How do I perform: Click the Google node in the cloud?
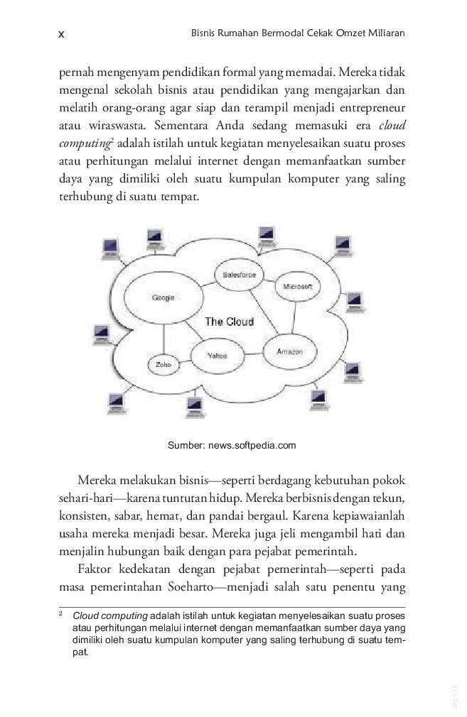163,298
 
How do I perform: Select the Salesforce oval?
239,274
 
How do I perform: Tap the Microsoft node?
297,286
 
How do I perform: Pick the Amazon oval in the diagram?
289,351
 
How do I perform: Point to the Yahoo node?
217,356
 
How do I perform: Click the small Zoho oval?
163,365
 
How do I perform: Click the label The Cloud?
229,322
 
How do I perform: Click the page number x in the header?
61,33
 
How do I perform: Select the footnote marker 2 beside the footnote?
61,614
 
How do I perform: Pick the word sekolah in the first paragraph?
140,91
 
